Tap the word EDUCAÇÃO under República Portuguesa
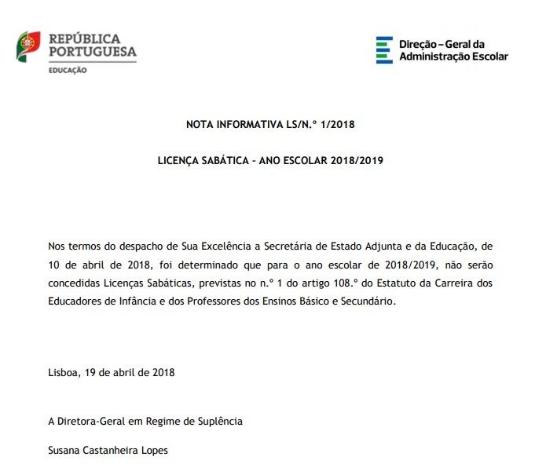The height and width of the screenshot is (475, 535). click(68, 71)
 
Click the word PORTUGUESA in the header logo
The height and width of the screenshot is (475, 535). click(93, 52)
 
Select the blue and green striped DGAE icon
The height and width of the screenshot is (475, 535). click(384, 49)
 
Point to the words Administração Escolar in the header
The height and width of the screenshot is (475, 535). click(453, 57)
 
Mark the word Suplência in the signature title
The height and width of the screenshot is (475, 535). click(220, 422)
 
